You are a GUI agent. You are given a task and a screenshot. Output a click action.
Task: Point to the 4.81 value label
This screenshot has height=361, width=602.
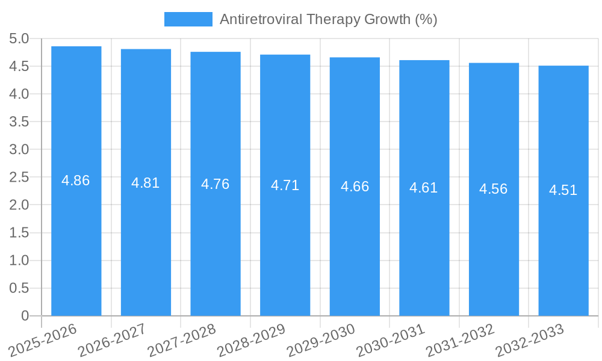(146, 183)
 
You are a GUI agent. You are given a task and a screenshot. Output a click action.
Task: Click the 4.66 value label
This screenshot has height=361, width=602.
(355, 187)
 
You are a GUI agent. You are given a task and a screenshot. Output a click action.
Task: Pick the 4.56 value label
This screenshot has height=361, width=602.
(494, 189)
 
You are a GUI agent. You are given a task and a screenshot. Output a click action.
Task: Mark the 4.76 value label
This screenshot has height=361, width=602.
(216, 184)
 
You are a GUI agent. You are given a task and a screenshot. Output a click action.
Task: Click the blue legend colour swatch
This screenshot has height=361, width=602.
(188, 19)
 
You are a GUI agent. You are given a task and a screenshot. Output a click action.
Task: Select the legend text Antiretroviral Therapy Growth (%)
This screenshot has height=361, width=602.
(328, 19)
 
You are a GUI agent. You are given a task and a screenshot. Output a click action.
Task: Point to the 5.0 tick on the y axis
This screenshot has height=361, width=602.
(19, 39)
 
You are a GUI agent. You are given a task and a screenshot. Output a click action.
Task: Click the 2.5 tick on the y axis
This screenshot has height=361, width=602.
(19, 177)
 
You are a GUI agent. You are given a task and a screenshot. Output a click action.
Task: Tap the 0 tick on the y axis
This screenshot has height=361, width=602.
(25, 316)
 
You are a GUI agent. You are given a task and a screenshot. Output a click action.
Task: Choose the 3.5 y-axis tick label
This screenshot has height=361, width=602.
(19, 122)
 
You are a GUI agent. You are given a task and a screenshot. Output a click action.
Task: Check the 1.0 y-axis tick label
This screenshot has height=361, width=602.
(19, 261)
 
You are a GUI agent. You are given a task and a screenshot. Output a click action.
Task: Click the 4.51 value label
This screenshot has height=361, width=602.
(563, 190)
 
